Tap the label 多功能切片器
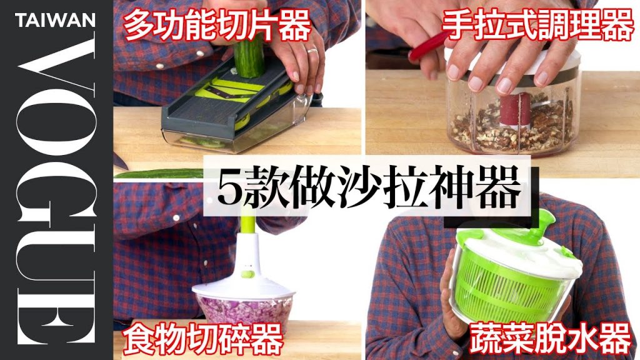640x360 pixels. coord(216,27)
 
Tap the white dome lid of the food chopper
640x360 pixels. coord(244,284)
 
